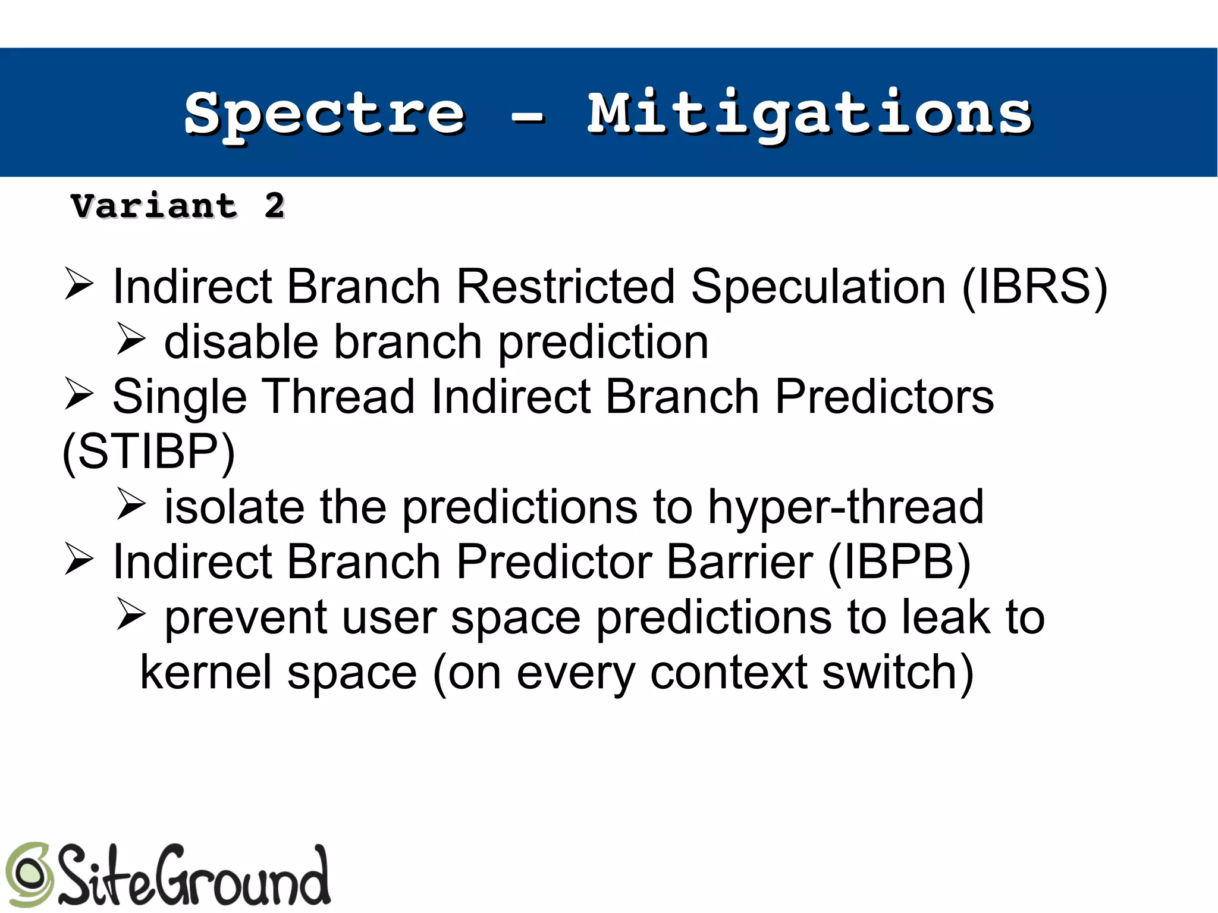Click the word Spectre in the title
click(324, 114)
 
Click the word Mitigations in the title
click(809, 114)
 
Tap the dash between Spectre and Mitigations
click(528, 117)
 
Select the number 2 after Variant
click(275, 206)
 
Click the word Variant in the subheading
click(154, 206)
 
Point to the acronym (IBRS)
click(1034, 287)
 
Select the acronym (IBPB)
click(899, 562)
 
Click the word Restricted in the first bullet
click(565, 287)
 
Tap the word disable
click(241, 343)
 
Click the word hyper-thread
click(845, 507)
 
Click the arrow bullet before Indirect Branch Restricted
click(79, 284)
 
